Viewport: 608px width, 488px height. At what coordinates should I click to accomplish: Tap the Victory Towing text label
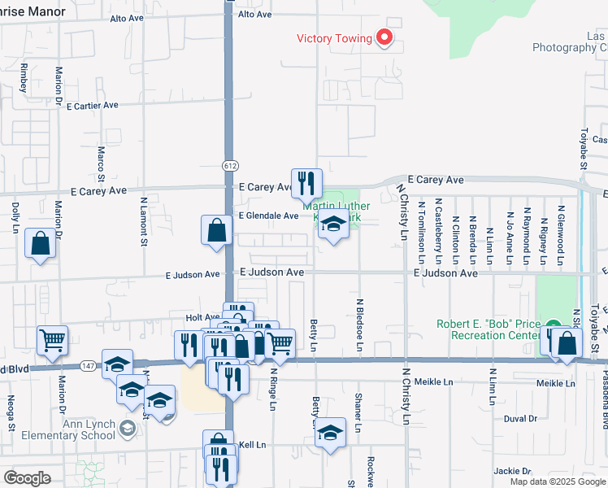pyautogui.click(x=334, y=38)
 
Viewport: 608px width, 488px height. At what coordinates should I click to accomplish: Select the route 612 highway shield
pyautogui.click(x=229, y=165)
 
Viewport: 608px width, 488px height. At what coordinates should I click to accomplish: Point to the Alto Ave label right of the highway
pyautogui.click(x=254, y=15)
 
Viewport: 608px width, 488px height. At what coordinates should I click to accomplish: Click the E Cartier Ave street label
pyautogui.click(x=93, y=106)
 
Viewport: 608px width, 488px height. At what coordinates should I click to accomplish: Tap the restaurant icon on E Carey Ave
pyautogui.click(x=307, y=183)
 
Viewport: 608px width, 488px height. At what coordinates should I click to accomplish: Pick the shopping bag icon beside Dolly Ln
pyautogui.click(x=41, y=243)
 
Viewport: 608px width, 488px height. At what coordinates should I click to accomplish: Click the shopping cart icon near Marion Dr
pyautogui.click(x=53, y=341)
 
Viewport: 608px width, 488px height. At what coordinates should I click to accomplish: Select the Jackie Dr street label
pyautogui.click(x=512, y=470)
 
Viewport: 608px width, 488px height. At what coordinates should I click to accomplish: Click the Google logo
pyautogui.click(x=27, y=478)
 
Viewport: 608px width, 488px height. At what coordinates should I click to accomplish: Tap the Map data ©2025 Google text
pyautogui.click(x=558, y=481)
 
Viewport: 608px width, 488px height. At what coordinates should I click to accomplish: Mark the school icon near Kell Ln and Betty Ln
pyautogui.click(x=330, y=433)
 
